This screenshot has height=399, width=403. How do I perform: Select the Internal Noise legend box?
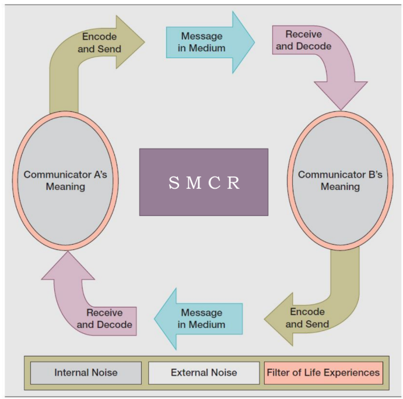(x=86, y=373)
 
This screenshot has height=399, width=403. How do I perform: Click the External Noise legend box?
(x=204, y=373)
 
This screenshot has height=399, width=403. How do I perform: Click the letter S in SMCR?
(x=174, y=183)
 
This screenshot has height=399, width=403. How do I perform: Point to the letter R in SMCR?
(x=233, y=183)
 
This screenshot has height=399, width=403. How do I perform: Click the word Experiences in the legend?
(x=353, y=373)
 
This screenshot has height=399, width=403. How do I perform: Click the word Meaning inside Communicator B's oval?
(x=340, y=187)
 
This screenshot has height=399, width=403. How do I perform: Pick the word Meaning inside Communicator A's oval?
(x=65, y=187)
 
